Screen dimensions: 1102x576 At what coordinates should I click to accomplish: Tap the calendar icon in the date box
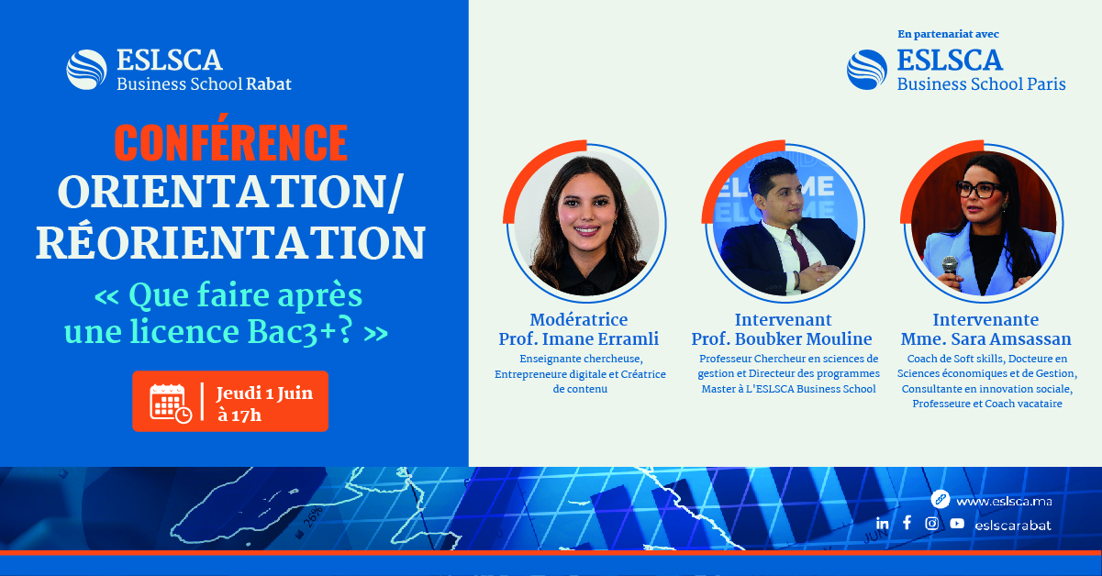point(171,403)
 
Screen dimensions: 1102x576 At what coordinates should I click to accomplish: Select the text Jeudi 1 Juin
point(264,393)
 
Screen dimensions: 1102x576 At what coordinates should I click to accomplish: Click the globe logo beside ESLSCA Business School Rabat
point(86,70)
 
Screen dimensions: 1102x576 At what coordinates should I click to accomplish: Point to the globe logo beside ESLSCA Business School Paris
point(867,70)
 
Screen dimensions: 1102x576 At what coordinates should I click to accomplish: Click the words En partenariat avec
point(948,34)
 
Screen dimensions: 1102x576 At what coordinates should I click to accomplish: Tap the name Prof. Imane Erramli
point(579,339)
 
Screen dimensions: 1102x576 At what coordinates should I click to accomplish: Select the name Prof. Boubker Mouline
point(782,339)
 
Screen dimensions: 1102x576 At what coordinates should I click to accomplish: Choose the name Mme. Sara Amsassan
point(985,339)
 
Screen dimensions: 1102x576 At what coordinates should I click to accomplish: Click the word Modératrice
point(579,320)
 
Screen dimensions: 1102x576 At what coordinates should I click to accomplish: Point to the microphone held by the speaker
point(950,267)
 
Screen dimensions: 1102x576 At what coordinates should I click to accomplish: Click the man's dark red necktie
point(799,250)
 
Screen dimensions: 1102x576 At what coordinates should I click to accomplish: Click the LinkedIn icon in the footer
point(882,524)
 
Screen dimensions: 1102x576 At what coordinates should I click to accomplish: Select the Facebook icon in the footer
point(907,523)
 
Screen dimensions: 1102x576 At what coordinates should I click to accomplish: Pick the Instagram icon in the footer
point(931,523)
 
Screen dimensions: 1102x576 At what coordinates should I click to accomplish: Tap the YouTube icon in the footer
point(957,523)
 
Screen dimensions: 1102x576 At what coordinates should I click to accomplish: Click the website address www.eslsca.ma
point(1004,501)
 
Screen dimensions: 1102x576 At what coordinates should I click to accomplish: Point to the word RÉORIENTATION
point(230,243)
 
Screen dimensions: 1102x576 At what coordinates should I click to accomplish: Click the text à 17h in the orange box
point(239,415)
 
